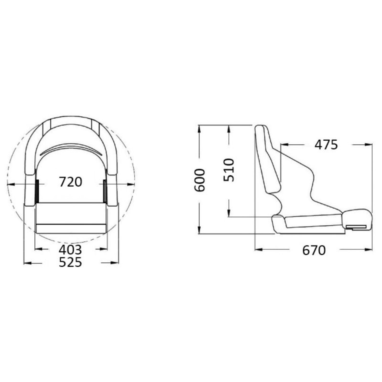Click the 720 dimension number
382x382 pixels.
point(71,182)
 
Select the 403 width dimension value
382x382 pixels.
point(70,250)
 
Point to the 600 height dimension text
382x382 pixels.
point(199,180)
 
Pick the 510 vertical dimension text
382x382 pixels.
point(229,170)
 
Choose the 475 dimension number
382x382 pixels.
point(326,145)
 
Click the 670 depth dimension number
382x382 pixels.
point(314,250)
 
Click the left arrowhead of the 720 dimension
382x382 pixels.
point(11,184)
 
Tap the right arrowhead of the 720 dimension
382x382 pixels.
point(131,184)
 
